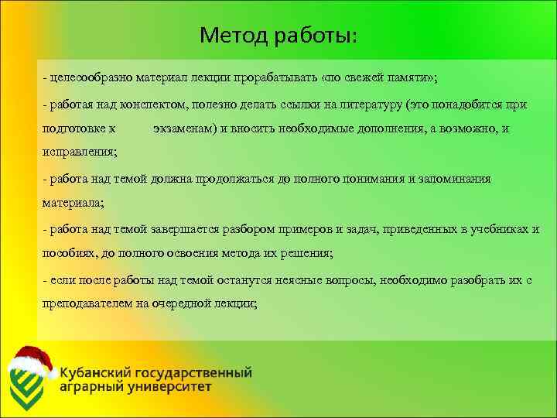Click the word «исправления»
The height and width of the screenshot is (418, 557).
coord(78,153)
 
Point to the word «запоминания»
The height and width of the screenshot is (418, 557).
coord(445,179)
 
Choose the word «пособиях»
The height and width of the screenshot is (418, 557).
coord(67,253)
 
